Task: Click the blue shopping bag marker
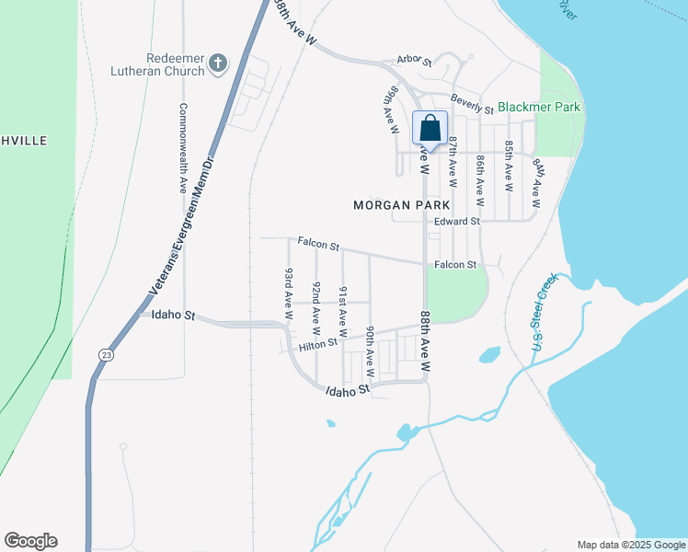click(430, 129)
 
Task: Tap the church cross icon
click(217, 63)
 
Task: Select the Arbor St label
click(414, 60)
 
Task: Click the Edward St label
click(457, 222)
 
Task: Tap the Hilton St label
click(319, 347)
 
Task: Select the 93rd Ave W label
click(289, 293)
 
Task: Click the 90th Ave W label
click(369, 351)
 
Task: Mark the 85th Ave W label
click(508, 166)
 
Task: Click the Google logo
click(30, 541)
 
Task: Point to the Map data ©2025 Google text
click(630, 545)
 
